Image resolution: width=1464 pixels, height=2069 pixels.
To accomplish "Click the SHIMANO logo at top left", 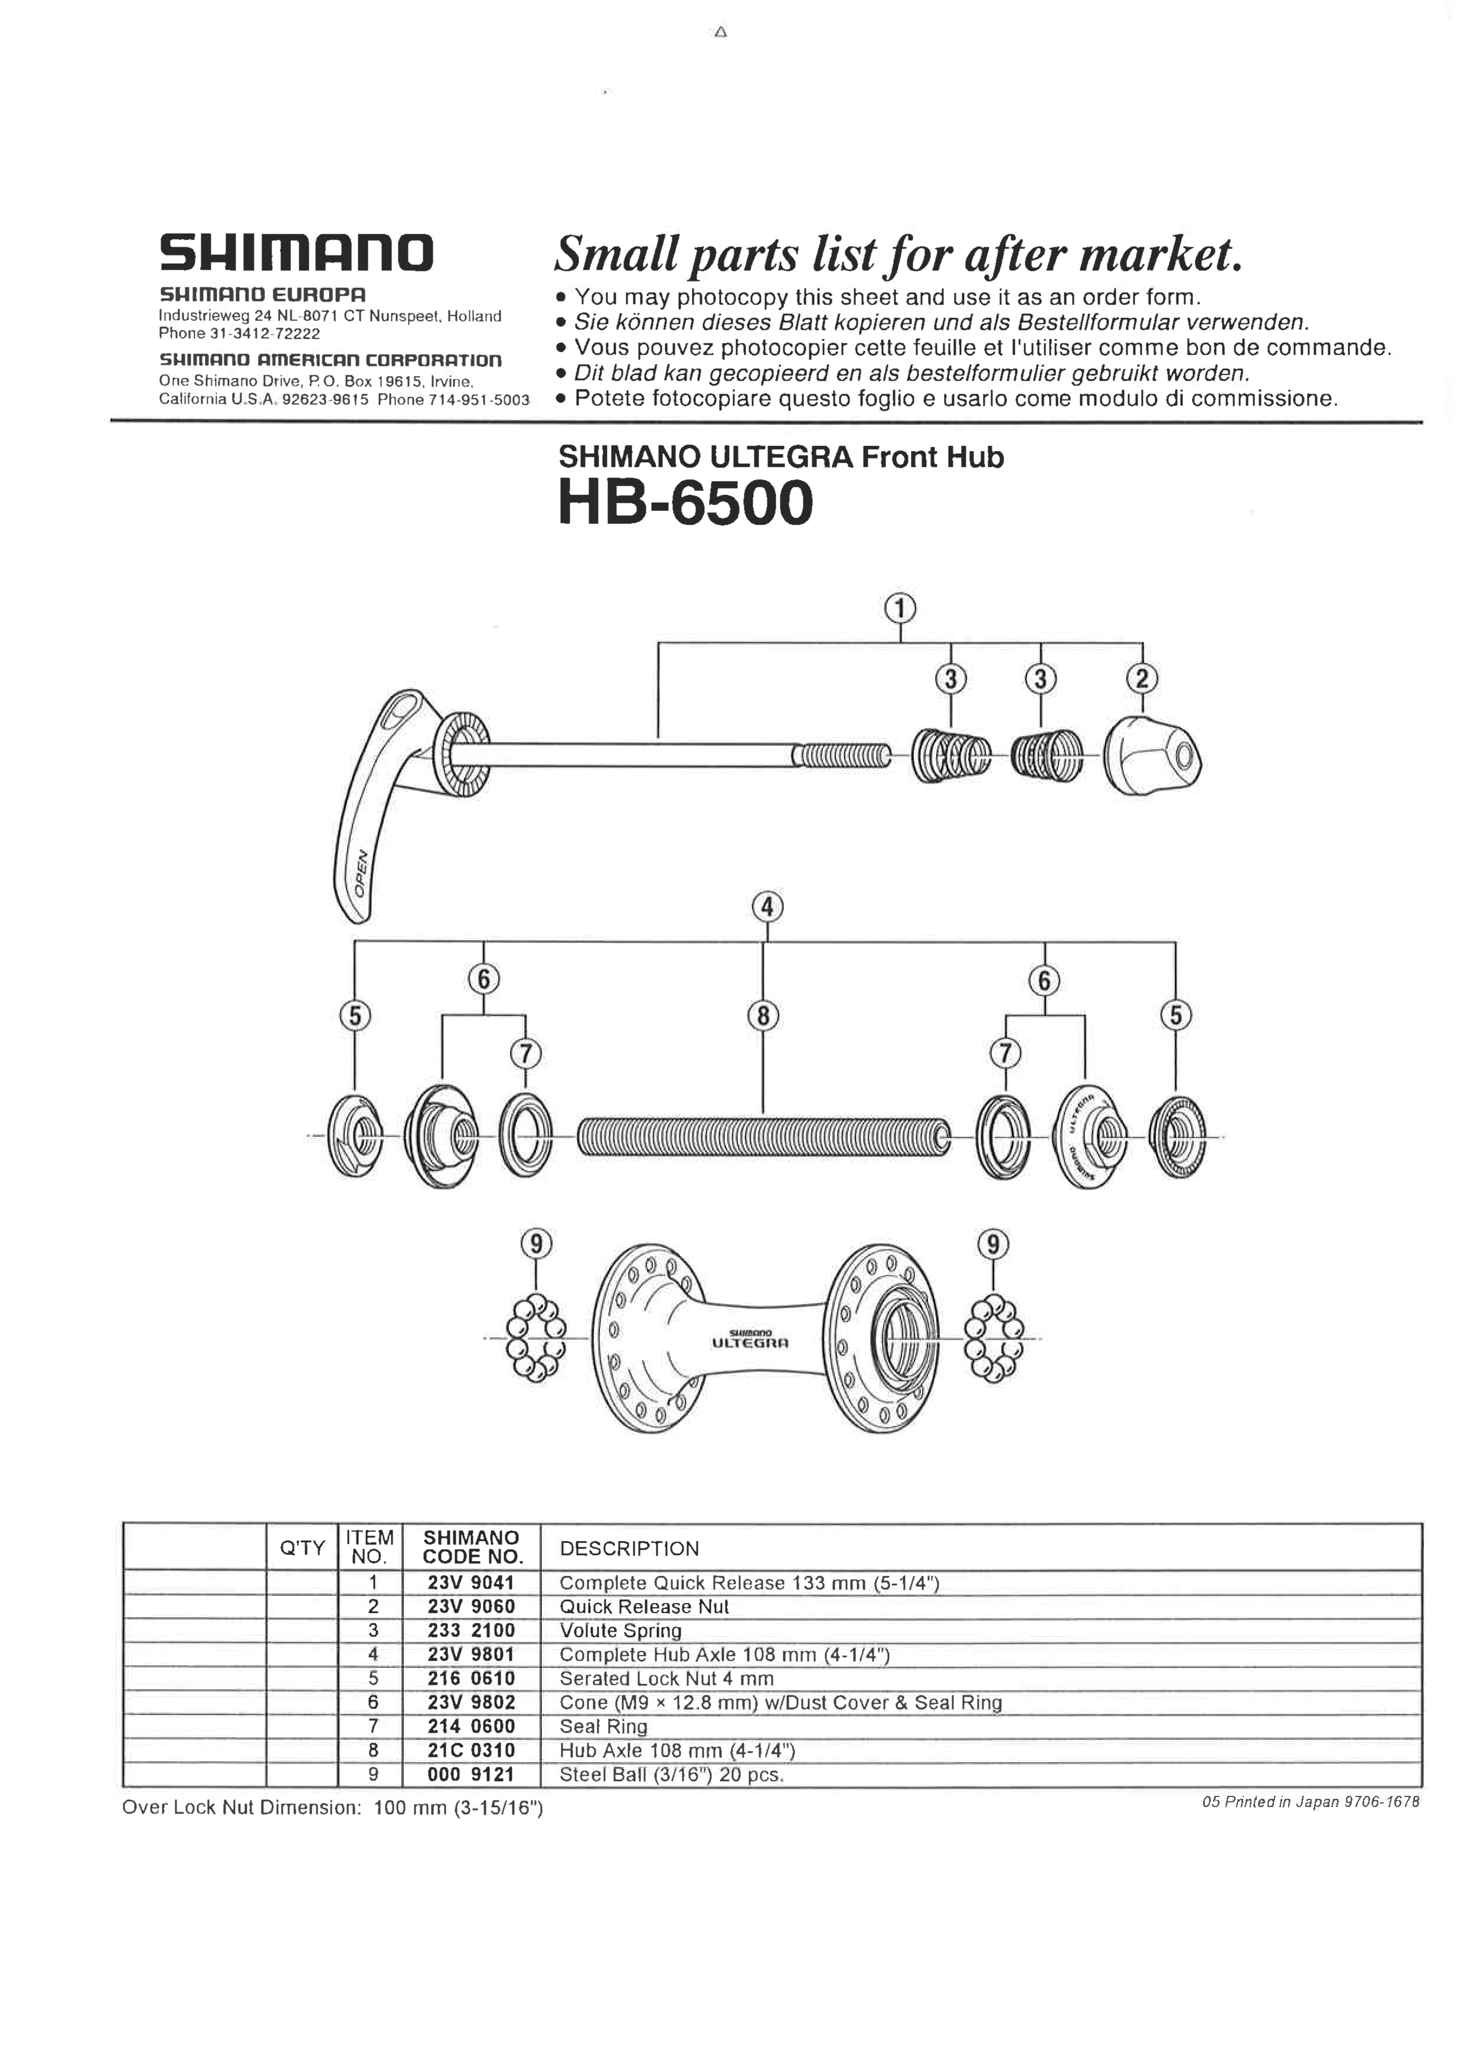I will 296,253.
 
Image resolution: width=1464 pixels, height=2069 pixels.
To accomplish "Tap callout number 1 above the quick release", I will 900,609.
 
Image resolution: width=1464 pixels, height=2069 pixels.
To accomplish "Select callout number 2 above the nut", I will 1142,678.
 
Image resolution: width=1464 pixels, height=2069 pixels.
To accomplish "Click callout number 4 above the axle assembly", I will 767,907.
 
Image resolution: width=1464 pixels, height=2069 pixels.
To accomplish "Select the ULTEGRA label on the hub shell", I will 750,1343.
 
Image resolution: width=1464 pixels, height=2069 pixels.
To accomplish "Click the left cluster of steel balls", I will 535,1337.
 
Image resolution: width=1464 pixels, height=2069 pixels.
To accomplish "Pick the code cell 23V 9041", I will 470,1582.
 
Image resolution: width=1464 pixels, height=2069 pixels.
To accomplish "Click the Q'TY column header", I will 302,1548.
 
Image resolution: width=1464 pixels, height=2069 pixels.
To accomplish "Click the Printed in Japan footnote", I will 1310,1801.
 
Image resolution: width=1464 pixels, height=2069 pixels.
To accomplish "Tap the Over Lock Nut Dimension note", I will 332,1807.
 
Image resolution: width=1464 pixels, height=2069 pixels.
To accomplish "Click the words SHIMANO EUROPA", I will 262,294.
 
